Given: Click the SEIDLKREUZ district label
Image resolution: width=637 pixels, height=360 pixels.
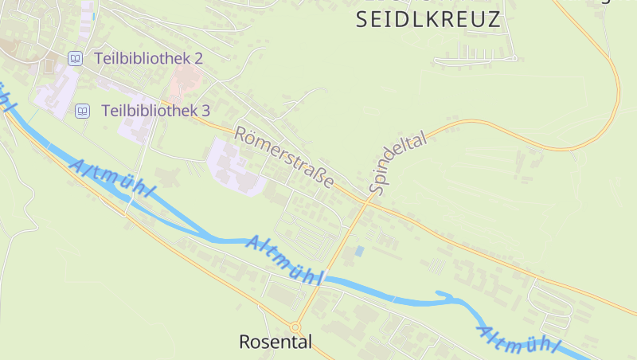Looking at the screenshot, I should [x=428, y=21].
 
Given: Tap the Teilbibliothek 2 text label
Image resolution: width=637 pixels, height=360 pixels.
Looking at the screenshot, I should [x=148, y=58].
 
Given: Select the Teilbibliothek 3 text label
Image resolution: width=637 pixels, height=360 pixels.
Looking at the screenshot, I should [x=155, y=111].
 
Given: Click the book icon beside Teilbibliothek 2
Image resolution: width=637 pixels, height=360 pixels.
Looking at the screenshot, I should [x=75, y=58].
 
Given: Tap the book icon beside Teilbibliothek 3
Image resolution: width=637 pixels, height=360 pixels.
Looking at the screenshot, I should [x=82, y=111].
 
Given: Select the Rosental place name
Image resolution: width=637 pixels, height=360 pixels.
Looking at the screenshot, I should [x=276, y=342].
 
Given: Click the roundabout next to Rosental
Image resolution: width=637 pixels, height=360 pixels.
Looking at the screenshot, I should [x=295, y=327].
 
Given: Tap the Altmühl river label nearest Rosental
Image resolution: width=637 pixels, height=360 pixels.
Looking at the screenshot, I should [x=284, y=260].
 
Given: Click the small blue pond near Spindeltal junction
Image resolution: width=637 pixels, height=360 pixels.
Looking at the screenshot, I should [x=359, y=251].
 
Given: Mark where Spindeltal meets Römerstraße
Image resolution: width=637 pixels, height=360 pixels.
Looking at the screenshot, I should [x=366, y=199].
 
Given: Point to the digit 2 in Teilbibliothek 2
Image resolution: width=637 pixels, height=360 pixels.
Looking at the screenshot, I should [x=198, y=58].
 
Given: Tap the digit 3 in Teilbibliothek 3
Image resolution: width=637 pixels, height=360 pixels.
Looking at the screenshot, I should [x=205, y=111].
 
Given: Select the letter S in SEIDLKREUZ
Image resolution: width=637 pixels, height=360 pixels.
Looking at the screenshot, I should [x=362, y=21].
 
